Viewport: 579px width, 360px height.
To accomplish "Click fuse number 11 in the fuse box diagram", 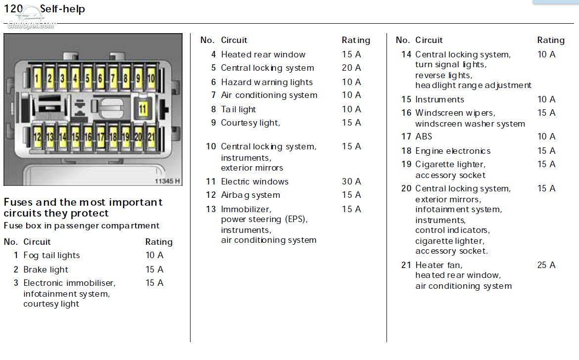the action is (143, 109).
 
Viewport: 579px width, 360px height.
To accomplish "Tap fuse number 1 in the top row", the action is (37, 78).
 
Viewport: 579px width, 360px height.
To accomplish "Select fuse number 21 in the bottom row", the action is (151, 137).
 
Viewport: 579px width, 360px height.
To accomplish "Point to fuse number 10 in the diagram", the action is (151, 78).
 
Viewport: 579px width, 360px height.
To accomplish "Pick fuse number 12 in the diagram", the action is (37, 137).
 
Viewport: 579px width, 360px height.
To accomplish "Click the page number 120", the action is (13, 8).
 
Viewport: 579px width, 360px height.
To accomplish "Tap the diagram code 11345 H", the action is (167, 181).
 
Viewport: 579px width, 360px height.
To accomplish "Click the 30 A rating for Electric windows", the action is (351, 181).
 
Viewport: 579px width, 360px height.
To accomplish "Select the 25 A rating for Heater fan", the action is (546, 265).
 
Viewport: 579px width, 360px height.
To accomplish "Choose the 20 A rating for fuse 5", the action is (351, 68).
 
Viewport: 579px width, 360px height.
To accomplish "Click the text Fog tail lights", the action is (51, 255).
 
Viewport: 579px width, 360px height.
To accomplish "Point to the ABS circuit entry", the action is (424, 136).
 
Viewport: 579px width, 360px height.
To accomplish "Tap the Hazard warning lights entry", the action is (267, 82).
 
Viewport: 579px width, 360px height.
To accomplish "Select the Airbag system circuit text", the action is (250, 195).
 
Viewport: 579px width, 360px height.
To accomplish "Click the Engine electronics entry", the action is (453, 151).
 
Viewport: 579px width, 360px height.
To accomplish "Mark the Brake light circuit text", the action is (46, 270).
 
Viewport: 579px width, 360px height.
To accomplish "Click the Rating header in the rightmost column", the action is (551, 40).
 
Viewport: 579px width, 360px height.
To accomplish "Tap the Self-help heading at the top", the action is (62, 9).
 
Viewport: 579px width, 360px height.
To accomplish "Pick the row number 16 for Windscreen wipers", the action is (406, 113).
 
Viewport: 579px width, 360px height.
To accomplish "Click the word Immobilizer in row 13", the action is (246, 209).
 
